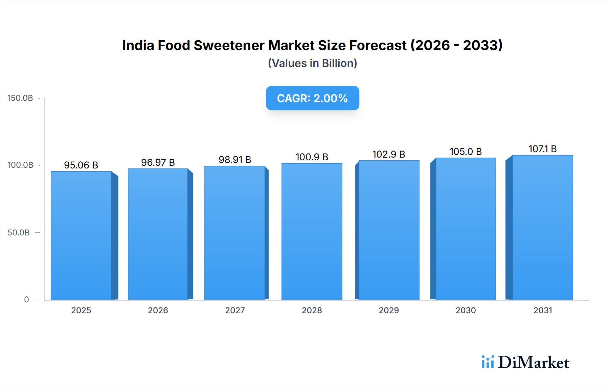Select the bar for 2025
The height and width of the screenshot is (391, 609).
click(x=81, y=235)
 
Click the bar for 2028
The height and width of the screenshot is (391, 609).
click(x=312, y=231)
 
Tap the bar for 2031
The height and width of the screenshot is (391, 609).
click(x=543, y=227)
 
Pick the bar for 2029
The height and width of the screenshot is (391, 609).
click(x=389, y=230)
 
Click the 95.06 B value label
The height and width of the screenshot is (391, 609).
click(x=81, y=165)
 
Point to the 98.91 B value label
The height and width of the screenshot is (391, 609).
click(x=235, y=160)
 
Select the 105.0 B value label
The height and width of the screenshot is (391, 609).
click(x=466, y=152)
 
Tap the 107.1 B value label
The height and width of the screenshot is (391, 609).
click(x=542, y=149)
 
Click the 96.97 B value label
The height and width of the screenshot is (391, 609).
click(x=158, y=162)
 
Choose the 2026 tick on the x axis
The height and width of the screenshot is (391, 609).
click(x=158, y=310)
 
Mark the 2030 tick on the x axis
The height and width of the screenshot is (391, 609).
click(x=466, y=310)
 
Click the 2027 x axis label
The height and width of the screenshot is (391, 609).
click(x=235, y=310)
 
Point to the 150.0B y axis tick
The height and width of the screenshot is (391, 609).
click(x=20, y=98)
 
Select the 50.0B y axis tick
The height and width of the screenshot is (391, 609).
click(x=19, y=232)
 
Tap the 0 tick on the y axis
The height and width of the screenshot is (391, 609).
click(x=26, y=299)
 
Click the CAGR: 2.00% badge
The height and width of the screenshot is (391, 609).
click(x=312, y=98)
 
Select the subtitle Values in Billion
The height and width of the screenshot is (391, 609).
click(x=312, y=63)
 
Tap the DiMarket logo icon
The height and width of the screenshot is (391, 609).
click(x=488, y=362)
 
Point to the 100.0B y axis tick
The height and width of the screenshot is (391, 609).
click(x=20, y=165)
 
